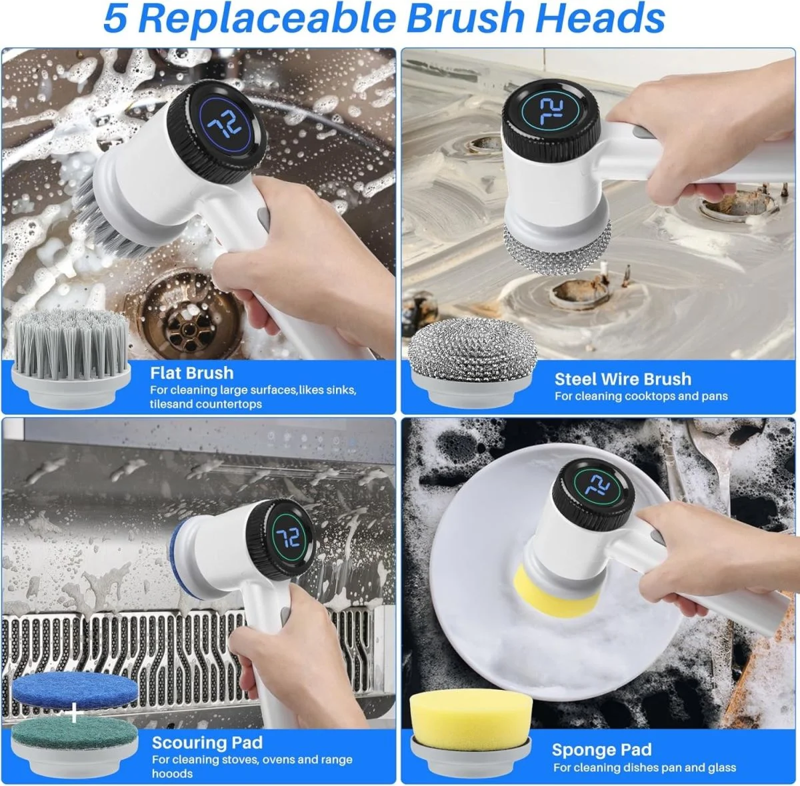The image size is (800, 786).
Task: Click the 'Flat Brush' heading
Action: click(x=191, y=373)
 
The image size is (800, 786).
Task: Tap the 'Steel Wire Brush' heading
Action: click(x=623, y=379)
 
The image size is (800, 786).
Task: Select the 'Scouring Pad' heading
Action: click(x=207, y=742)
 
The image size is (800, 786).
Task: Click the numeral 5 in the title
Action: click(x=115, y=19)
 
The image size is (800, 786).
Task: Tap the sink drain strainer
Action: click(x=189, y=323)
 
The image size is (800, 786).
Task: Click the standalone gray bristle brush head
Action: click(x=71, y=357)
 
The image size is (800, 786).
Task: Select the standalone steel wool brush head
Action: click(x=471, y=361)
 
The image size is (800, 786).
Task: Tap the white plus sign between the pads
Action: click(x=75, y=713)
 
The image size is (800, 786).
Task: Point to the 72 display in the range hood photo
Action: click(x=289, y=538)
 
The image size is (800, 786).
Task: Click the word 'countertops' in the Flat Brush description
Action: click(x=228, y=404)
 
